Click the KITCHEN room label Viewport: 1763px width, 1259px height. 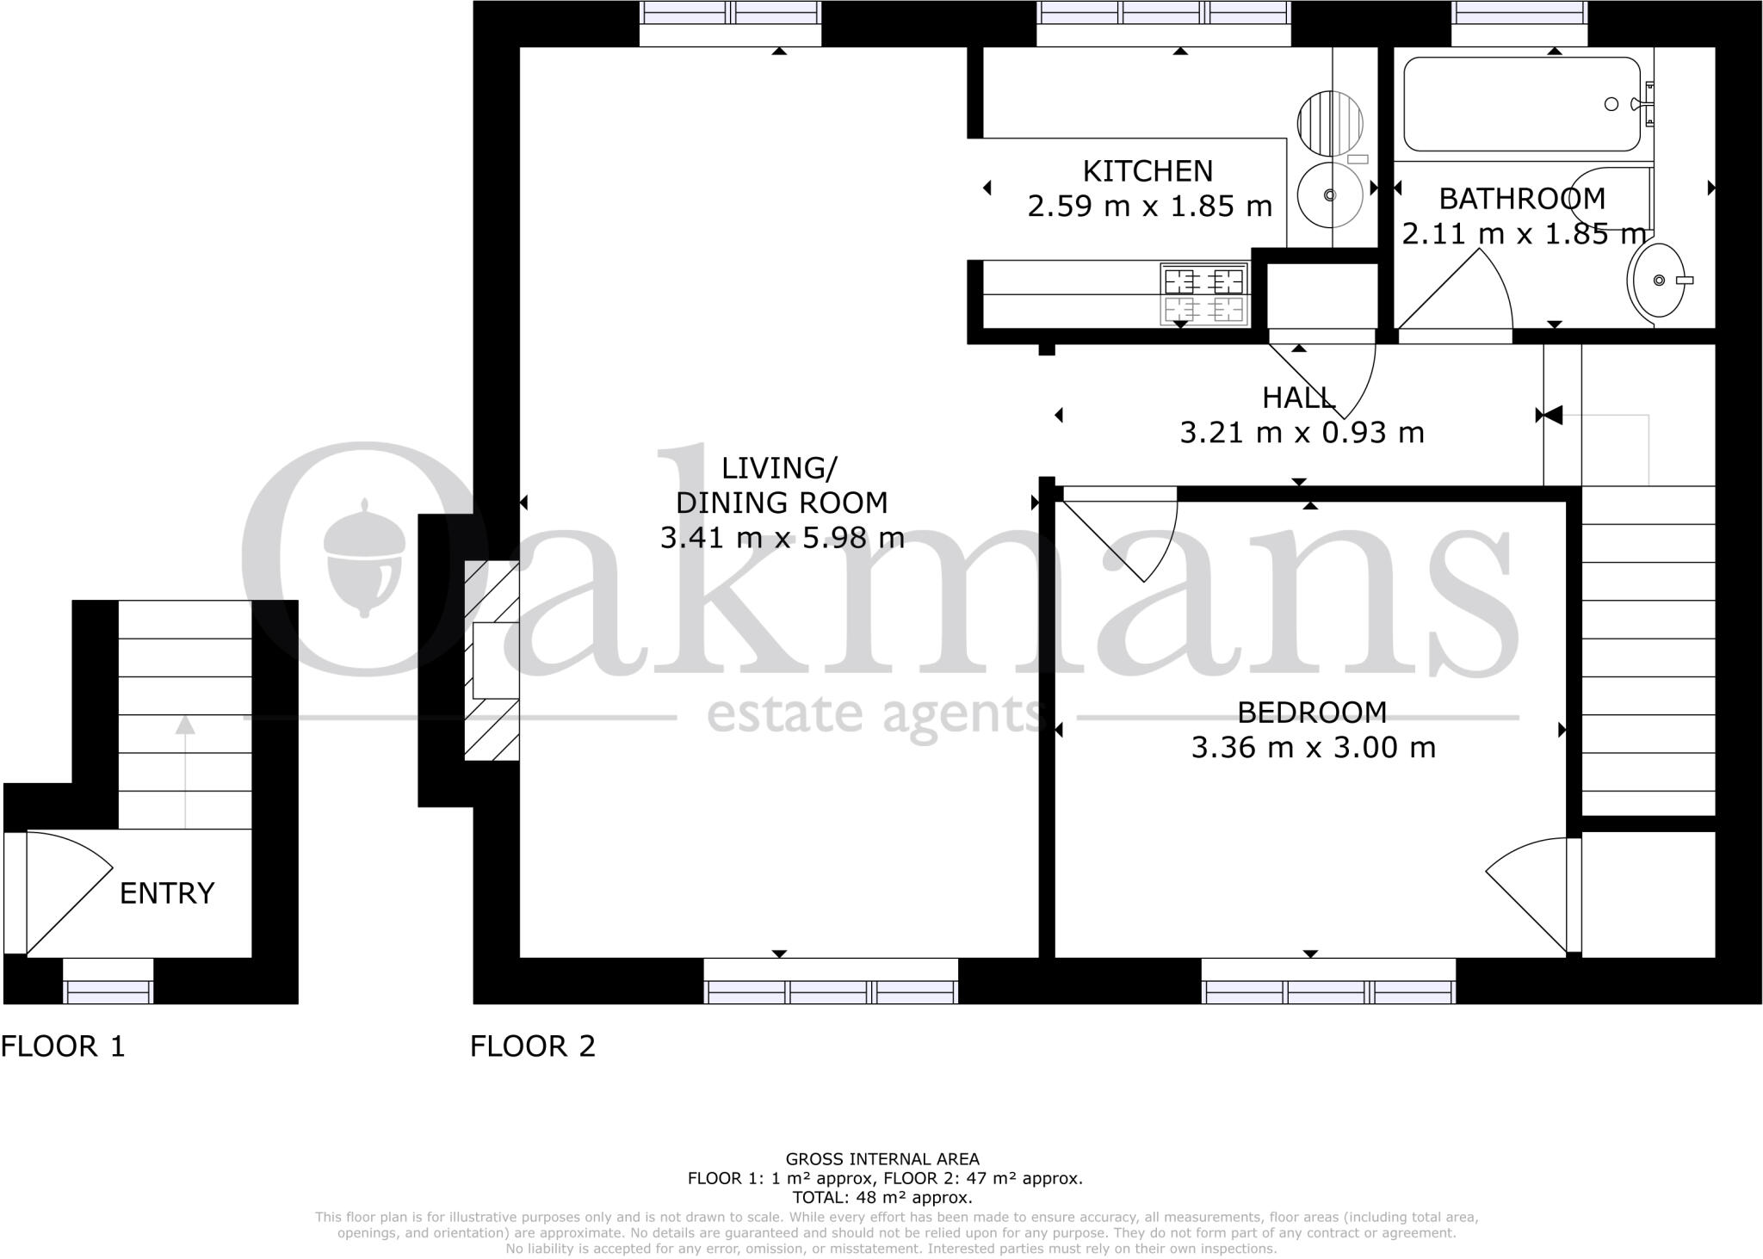[x=1147, y=171]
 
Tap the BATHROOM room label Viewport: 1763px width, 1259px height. [x=1522, y=199]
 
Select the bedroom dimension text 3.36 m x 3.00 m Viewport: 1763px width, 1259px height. [x=1313, y=747]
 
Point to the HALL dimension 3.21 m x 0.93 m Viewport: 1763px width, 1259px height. [x=1302, y=432]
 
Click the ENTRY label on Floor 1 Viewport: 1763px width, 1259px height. [x=166, y=893]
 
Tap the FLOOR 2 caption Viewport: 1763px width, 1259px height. [x=533, y=1046]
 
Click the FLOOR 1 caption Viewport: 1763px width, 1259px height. [x=63, y=1046]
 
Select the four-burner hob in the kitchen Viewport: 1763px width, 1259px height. [x=1204, y=295]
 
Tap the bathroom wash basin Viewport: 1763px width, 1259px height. [x=1656, y=280]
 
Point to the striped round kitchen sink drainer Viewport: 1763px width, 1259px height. [x=1330, y=123]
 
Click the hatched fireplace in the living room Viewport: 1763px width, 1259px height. [x=492, y=660]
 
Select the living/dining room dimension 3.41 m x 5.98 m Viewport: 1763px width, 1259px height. [x=782, y=538]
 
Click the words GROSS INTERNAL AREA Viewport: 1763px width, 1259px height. [x=881, y=1159]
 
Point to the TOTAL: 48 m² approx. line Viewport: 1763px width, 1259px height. [x=881, y=1197]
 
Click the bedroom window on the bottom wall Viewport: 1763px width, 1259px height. [x=1328, y=991]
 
